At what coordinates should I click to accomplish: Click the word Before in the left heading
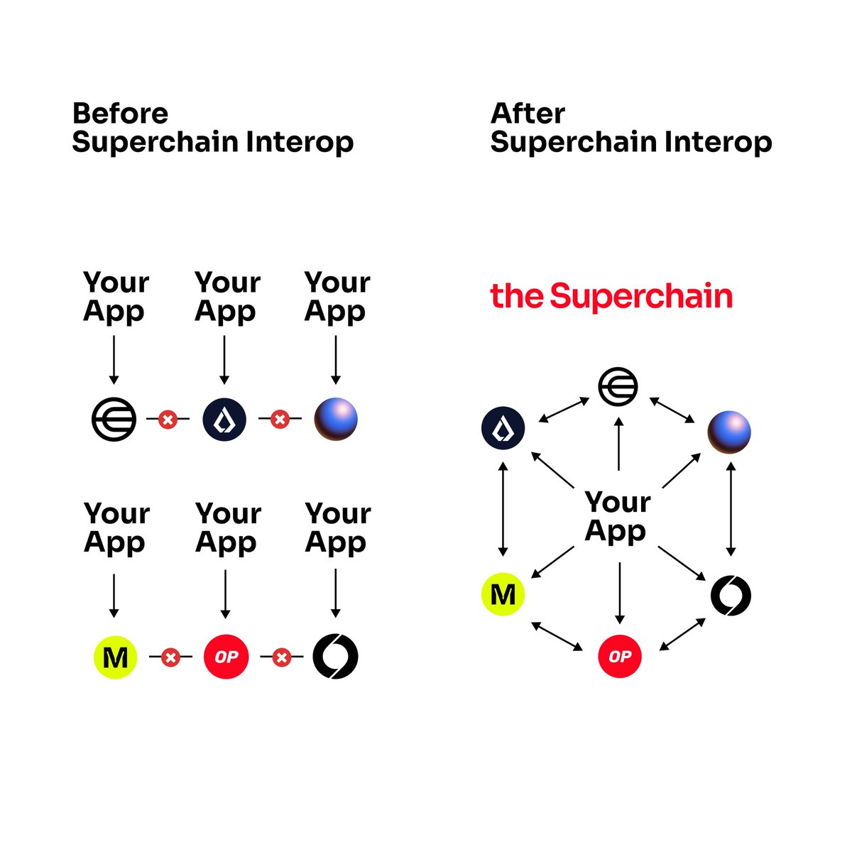click(120, 114)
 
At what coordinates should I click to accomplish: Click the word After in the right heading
click(528, 114)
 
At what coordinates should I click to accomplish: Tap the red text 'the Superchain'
click(611, 296)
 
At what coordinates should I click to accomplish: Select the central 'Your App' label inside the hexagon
click(617, 516)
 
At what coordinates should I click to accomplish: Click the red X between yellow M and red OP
click(170, 657)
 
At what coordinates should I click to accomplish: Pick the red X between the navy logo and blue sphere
click(280, 419)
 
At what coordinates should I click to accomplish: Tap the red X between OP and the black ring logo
click(282, 657)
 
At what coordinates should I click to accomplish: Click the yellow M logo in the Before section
click(115, 657)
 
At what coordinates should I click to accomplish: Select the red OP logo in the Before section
click(226, 657)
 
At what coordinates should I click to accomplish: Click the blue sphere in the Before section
click(336, 419)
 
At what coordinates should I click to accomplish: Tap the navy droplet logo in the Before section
click(224, 419)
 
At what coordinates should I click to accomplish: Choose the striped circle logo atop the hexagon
click(618, 387)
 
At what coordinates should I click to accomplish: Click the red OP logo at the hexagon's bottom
click(619, 656)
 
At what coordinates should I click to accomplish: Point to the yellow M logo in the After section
click(503, 594)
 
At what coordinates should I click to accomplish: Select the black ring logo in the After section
click(731, 595)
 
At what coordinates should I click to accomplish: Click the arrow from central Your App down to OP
click(619, 593)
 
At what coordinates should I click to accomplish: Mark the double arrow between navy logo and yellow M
click(503, 509)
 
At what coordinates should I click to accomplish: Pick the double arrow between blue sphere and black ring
click(731, 509)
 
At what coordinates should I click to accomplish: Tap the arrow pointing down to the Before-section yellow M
click(114, 595)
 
